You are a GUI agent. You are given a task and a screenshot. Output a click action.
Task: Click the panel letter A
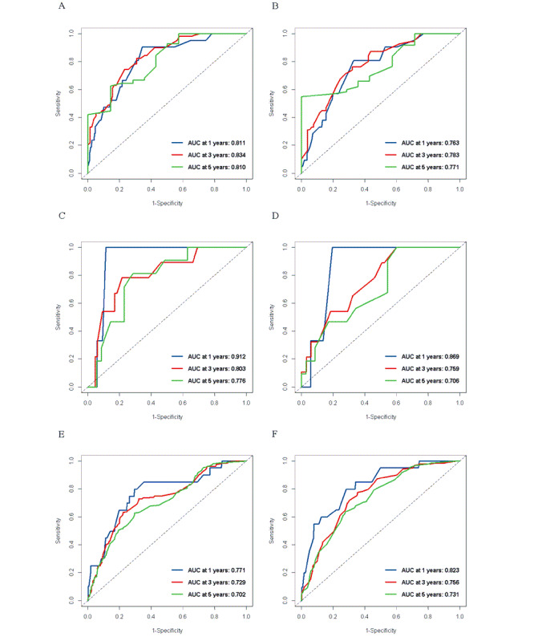click(x=62, y=6)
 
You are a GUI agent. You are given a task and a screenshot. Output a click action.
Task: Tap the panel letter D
click(x=275, y=216)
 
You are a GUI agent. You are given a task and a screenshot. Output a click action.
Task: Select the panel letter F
click(x=274, y=434)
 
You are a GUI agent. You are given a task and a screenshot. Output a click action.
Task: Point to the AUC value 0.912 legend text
click(x=216, y=356)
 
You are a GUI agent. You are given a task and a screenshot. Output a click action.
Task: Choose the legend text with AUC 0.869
click(x=431, y=356)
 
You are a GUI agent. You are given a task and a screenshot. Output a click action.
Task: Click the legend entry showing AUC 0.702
click(x=216, y=594)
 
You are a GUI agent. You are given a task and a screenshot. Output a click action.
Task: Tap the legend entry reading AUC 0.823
click(x=431, y=570)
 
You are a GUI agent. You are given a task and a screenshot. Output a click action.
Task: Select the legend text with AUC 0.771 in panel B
click(x=431, y=167)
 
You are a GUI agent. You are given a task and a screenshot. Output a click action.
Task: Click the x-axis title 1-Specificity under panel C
click(x=168, y=417)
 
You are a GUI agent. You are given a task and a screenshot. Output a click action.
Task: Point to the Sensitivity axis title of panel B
click(x=272, y=103)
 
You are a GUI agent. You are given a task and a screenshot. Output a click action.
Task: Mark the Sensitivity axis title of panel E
click(x=58, y=530)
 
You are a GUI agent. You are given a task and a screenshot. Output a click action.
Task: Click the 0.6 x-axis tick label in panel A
click(x=183, y=189)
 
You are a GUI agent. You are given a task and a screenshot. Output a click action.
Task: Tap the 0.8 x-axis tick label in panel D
click(x=428, y=403)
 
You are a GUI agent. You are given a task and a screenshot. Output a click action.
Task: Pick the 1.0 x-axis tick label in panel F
click(x=459, y=616)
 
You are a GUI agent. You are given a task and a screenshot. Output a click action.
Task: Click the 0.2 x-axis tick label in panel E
click(x=119, y=616)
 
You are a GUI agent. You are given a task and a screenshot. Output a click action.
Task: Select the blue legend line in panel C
click(x=177, y=356)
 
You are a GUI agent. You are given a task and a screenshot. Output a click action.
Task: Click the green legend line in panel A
click(x=177, y=167)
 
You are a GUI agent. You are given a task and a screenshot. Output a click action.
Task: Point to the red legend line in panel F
click(x=391, y=582)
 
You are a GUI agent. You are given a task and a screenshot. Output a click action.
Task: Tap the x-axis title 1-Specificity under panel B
click(x=381, y=203)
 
